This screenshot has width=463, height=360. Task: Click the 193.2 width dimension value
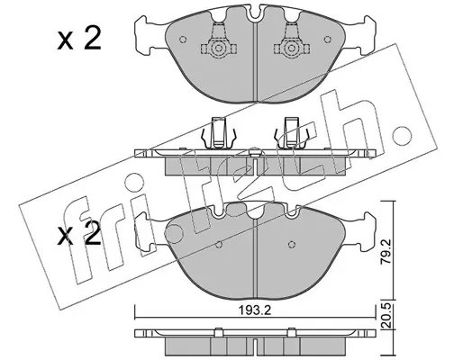click(x=255, y=310)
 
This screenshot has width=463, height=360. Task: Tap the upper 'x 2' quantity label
click(x=79, y=39)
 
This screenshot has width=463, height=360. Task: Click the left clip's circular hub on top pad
click(x=218, y=48)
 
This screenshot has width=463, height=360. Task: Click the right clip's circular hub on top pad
click(x=291, y=48)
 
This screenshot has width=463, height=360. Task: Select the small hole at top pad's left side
click(x=183, y=40)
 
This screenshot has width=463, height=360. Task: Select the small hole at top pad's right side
click(x=328, y=39)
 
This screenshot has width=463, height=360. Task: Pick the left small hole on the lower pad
click(x=219, y=244)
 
